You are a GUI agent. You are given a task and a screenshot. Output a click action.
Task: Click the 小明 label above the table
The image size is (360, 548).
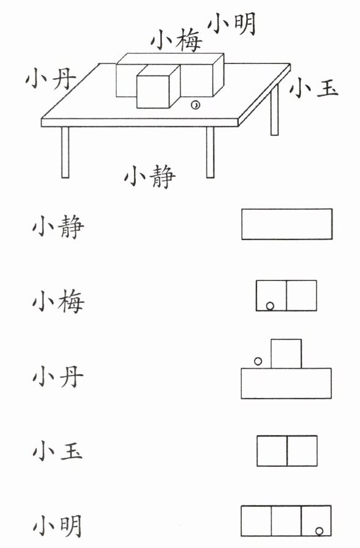(232, 23)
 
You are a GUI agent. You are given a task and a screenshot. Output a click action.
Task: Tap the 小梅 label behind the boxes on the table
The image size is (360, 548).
(177, 40)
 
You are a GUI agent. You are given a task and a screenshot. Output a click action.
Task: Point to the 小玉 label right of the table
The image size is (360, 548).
(313, 87)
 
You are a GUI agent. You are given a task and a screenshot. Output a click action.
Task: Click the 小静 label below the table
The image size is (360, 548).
(150, 176)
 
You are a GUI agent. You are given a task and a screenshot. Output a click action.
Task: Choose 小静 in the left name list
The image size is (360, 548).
(58, 227)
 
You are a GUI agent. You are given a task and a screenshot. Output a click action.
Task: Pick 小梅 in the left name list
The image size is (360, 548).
(58, 302)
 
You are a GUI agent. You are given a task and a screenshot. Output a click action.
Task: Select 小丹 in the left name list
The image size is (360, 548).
(58, 377)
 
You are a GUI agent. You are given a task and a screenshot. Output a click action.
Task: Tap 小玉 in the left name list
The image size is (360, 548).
(58, 450)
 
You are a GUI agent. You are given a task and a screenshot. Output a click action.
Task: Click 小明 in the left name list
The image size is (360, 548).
(58, 526)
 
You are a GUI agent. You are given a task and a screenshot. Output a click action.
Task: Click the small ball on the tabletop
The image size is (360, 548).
(196, 105)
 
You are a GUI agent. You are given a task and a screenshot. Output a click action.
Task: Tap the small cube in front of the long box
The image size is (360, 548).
(158, 87)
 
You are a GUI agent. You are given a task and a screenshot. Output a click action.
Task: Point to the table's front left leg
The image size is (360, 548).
(65, 152)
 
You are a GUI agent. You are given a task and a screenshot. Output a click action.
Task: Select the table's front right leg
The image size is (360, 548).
(210, 152)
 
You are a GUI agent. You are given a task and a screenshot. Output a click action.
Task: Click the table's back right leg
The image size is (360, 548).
(275, 109)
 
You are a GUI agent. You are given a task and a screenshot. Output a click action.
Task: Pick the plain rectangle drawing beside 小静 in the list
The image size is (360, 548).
(287, 224)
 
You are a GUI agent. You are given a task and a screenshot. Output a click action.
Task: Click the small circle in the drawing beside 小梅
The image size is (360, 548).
(270, 306)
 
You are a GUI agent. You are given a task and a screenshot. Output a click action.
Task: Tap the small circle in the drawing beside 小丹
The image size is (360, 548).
(258, 361)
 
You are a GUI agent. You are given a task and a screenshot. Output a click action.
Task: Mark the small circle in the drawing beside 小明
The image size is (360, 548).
(319, 532)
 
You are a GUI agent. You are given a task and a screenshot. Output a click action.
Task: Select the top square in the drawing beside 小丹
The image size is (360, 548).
(286, 354)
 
